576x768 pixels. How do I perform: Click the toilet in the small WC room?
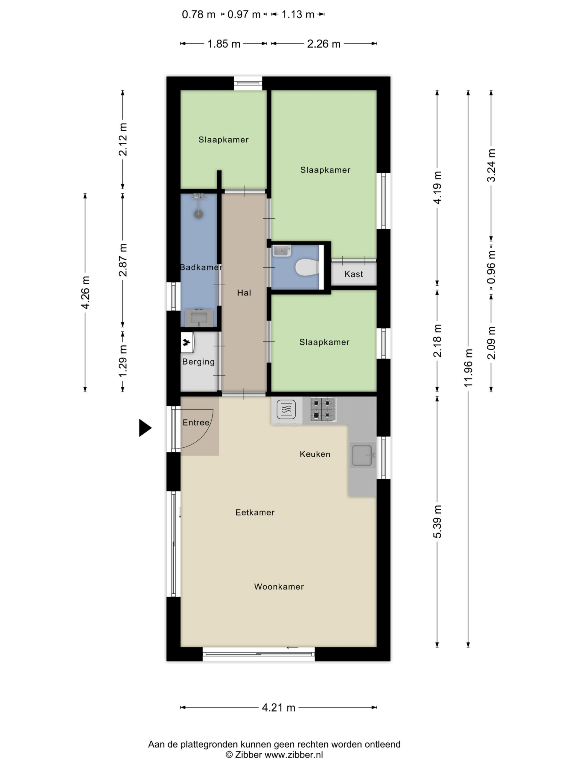(307, 267)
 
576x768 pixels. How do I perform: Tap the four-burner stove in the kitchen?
(323, 409)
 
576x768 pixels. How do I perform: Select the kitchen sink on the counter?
(362, 455)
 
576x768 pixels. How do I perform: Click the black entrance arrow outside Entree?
(145, 428)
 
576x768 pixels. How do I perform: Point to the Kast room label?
(354, 274)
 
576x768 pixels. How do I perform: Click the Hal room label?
(244, 293)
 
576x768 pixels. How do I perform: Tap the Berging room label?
(199, 362)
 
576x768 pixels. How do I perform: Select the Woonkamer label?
(279, 587)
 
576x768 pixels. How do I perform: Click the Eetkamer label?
(255, 512)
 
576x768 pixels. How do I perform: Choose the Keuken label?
(315, 454)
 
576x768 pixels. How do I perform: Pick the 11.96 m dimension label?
(468, 368)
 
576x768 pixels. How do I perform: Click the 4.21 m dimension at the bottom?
(278, 708)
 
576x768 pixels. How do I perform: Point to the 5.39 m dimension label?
(437, 522)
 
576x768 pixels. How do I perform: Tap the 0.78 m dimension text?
(199, 15)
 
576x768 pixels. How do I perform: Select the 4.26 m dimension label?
(85, 292)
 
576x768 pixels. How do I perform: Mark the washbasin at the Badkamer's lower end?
(199, 318)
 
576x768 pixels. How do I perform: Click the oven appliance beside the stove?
(286, 410)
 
